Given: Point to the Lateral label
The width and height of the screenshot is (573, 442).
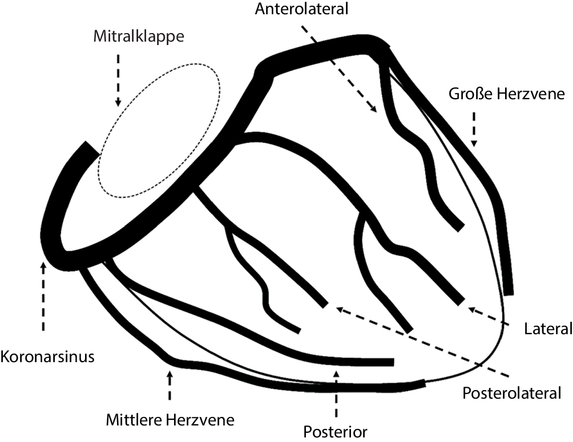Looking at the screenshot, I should pos(547,329).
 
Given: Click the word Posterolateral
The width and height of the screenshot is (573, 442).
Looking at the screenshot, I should pos(512,394).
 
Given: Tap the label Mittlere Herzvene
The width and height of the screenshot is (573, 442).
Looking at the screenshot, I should pos(170,420).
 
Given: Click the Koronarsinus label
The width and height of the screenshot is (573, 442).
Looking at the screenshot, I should pos(47,358).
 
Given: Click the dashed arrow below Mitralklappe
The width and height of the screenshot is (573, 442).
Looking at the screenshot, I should pos(118,80).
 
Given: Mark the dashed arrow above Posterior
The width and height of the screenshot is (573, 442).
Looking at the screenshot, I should pos(336,394).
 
